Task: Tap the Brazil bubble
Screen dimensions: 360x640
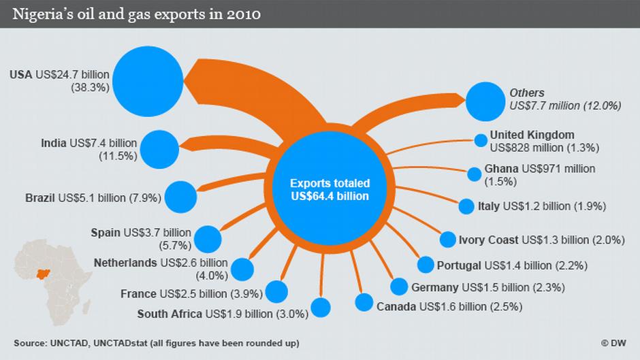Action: pyautogui.click(x=180, y=197)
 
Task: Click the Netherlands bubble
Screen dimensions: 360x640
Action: pyautogui.click(x=242, y=269)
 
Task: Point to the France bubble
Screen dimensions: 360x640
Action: pyautogui.click(x=276, y=291)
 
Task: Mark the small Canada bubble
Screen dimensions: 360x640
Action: pyautogui.click(x=364, y=302)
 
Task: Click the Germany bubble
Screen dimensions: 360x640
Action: pyautogui.click(x=400, y=287)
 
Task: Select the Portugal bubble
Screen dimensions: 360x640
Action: pyautogui.click(x=426, y=265)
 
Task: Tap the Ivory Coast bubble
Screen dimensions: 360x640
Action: pyautogui.click(x=447, y=240)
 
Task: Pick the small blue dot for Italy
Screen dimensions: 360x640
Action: pyautogui.click(x=466, y=206)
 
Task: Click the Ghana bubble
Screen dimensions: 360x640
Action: pyautogui.click(x=474, y=174)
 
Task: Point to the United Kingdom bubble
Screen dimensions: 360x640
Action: pyautogui.click(x=481, y=141)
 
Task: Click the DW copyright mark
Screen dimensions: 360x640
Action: pyautogui.click(x=615, y=342)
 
